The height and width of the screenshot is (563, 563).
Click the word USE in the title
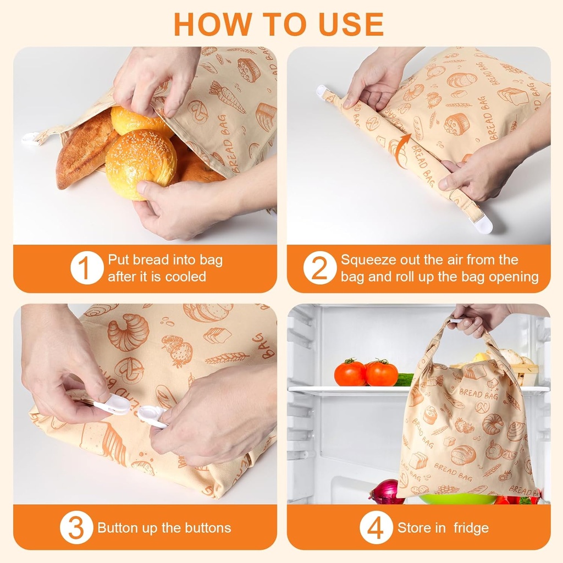point(350,24)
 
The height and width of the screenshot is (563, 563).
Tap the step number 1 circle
point(86,268)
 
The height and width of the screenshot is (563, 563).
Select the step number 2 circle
point(319,268)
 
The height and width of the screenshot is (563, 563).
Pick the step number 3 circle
point(76,528)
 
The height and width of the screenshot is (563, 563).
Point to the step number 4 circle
point(376,528)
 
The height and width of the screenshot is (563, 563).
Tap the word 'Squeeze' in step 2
point(367,260)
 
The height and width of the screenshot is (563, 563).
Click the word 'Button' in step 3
point(117,528)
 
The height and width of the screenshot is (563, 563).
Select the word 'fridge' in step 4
point(471,528)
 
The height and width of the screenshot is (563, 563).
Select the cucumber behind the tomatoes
point(405,379)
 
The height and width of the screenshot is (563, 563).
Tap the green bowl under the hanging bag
point(456,499)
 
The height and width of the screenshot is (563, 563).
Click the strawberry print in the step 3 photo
point(179,352)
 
